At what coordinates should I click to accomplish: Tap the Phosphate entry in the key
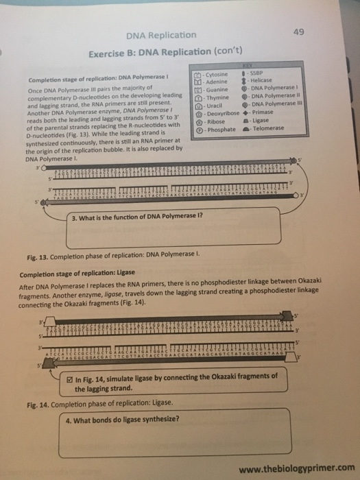point(218,130)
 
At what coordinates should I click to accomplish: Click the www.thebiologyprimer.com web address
point(294,469)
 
